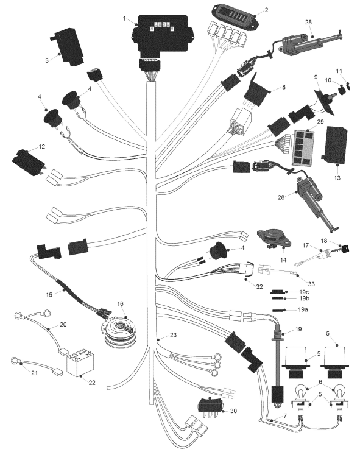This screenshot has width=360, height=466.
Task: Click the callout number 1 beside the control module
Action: point(124,19)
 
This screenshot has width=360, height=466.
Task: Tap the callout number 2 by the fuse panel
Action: point(266,10)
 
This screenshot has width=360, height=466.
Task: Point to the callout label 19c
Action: point(303,292)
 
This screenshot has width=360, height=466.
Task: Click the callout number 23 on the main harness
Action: point(173,335)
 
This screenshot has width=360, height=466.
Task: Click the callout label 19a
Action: point(303,309)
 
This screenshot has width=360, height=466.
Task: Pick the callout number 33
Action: point(311,284)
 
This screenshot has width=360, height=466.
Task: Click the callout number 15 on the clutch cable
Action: point(49,294)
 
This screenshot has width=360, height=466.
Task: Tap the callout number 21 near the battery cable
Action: point(35,372)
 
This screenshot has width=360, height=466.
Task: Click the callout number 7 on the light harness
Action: point(285,416)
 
